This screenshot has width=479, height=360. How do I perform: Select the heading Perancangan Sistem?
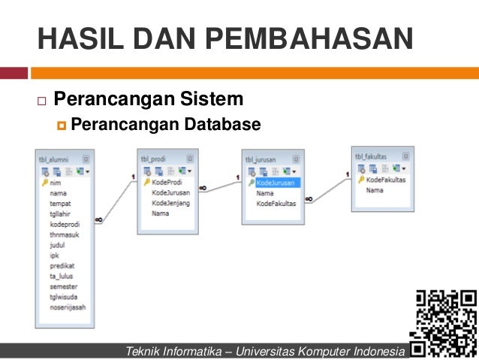149,99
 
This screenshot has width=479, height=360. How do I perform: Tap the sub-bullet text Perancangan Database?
166,123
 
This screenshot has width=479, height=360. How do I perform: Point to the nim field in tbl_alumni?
55,182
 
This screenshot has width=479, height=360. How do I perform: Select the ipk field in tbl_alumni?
54,255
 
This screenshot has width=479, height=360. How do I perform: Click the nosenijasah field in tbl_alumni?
66,307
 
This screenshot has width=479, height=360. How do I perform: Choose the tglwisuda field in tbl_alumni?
63,297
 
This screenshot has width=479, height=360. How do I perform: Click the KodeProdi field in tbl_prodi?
167,182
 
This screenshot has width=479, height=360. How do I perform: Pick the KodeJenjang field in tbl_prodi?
170,203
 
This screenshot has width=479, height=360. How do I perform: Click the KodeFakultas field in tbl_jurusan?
276,204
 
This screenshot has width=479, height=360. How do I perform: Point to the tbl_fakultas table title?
371,156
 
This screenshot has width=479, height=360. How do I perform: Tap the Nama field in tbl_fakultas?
375,190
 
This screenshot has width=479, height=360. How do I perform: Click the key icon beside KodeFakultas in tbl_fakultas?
361,180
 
